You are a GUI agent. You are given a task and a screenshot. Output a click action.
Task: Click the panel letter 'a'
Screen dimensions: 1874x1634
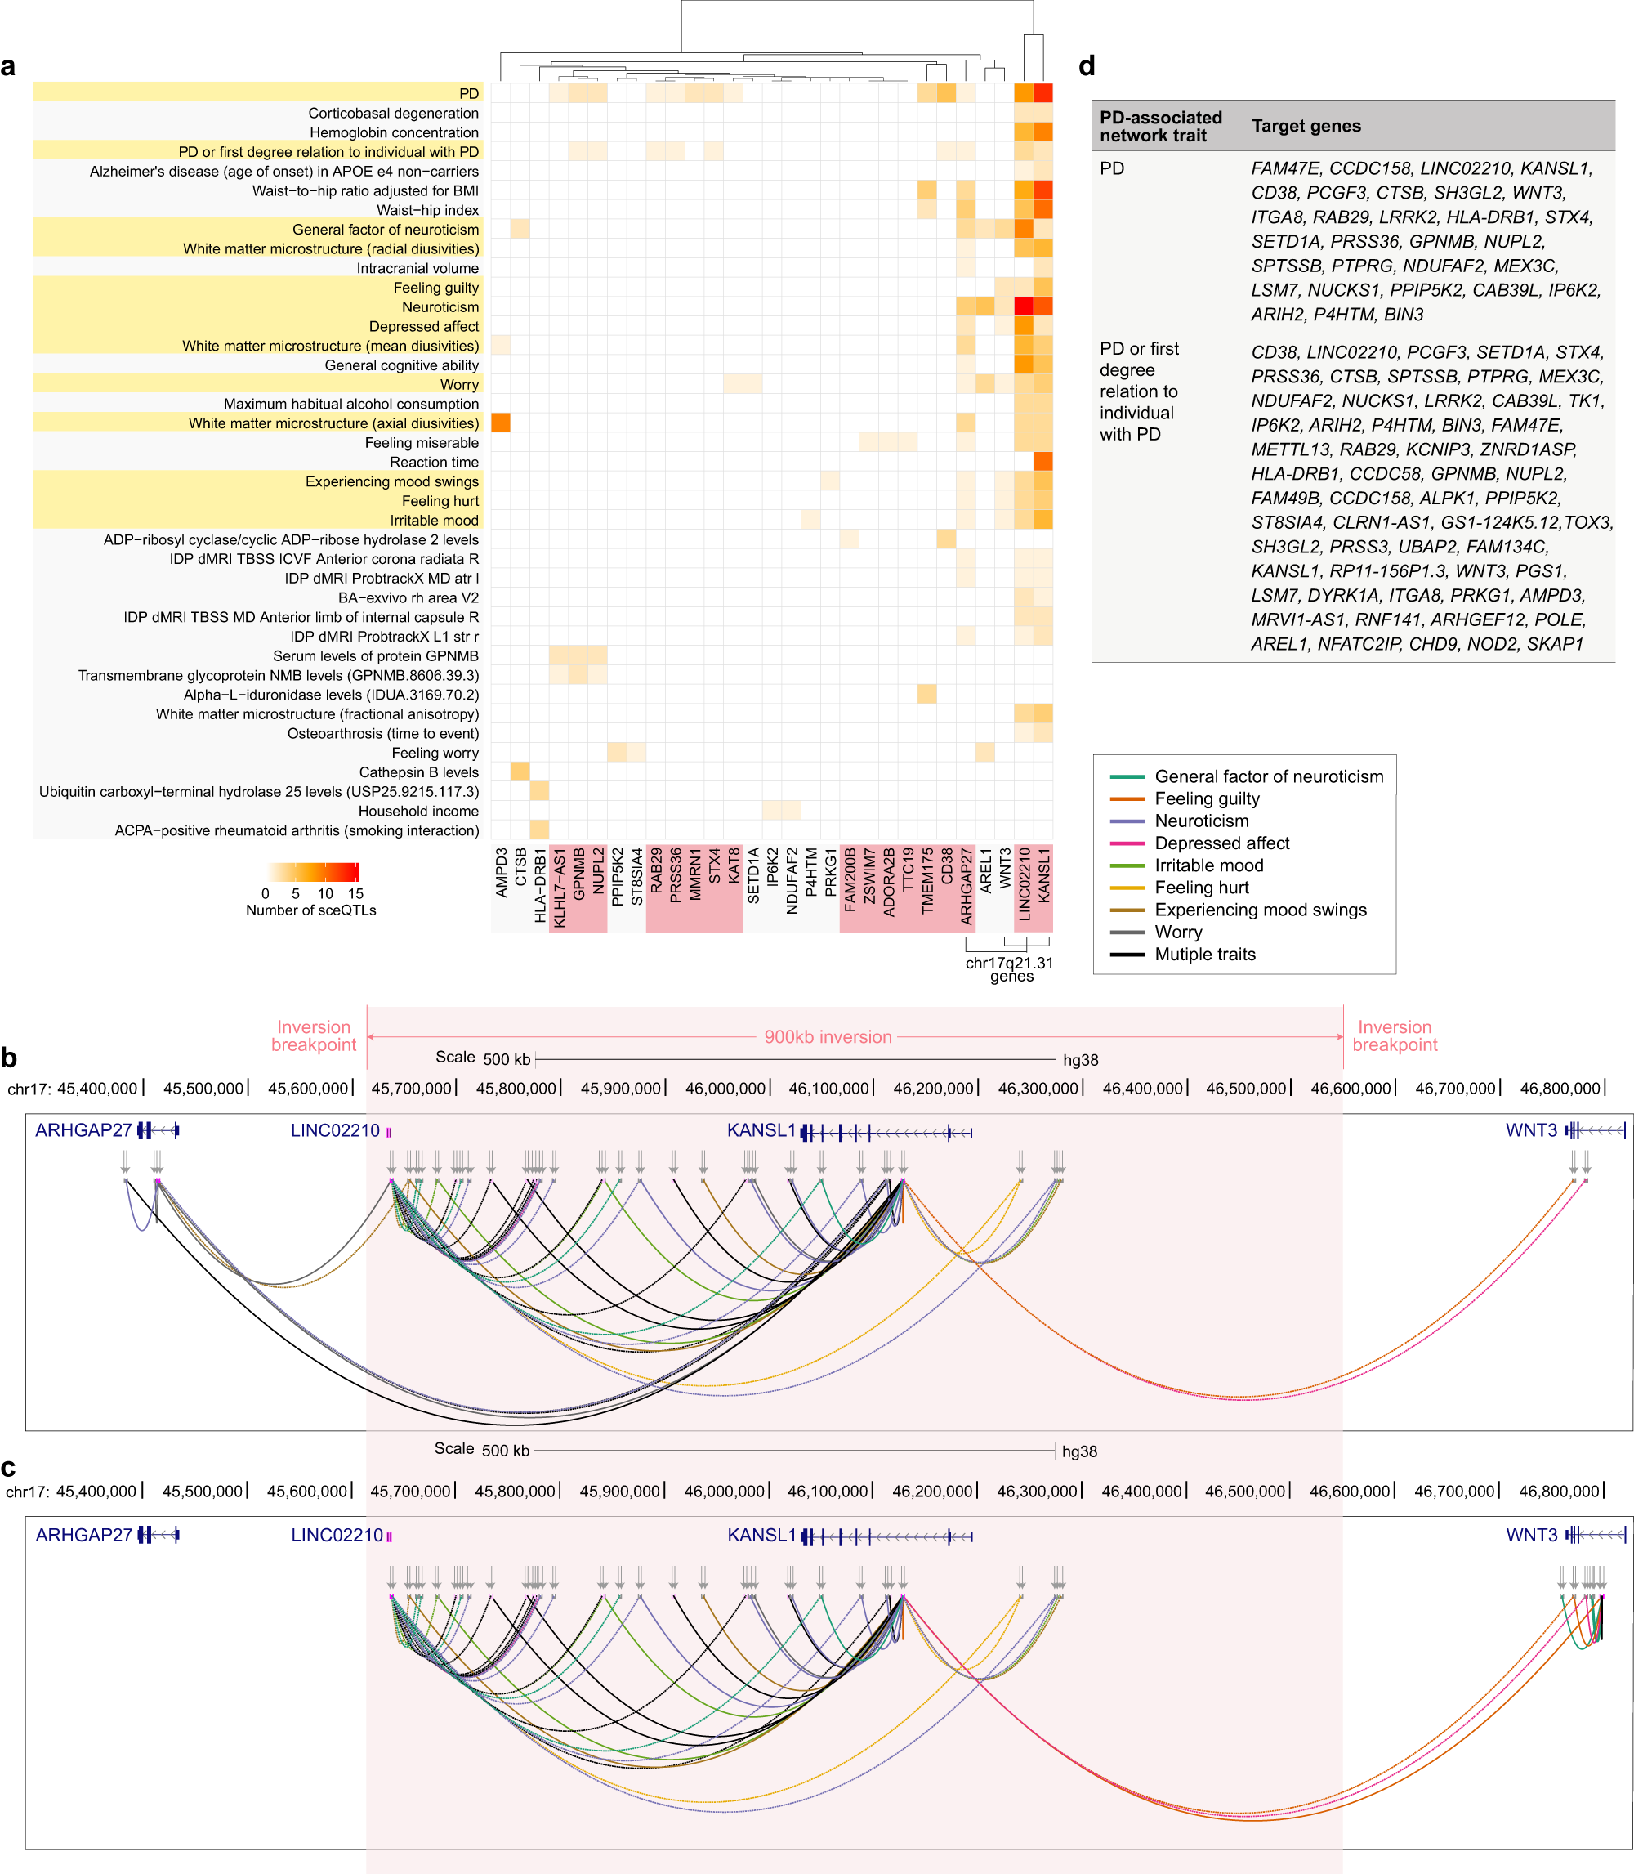tap(8, 66)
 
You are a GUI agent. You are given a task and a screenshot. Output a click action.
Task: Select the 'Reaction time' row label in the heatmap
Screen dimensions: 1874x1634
tap(434, 463)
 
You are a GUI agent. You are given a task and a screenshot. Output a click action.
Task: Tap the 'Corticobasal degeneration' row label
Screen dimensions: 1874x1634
tap(393, 113)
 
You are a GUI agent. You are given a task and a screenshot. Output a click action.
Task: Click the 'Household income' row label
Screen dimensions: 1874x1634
tap(417, 811)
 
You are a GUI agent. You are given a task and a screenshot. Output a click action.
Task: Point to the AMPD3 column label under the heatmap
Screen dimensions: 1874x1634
tap(502, 873)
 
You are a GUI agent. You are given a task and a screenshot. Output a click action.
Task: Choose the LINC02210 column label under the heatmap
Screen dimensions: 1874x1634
tap(1024, 883)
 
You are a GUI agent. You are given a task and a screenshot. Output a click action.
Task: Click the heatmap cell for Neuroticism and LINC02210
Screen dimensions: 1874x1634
tap(1024, 306)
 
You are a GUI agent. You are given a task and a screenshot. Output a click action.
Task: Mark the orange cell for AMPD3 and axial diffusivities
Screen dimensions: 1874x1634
tap(501, 423)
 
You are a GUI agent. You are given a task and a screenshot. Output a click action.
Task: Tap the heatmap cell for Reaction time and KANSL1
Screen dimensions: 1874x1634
tap(1043, 463)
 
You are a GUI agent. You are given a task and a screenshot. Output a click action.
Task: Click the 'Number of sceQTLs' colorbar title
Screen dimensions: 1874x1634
tap(311, 910)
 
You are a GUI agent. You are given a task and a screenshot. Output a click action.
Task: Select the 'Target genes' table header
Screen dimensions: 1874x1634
tap(1306, 126)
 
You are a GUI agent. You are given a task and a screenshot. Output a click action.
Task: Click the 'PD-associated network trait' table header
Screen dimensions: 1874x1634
tap(1160, 126)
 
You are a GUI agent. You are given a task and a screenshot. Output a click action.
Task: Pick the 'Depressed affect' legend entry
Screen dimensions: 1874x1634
tap(1222, 843)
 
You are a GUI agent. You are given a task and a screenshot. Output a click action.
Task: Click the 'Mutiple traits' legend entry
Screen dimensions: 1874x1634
tap(1204, 954)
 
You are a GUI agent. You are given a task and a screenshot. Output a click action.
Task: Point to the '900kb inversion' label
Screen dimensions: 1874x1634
tap(828, 1037)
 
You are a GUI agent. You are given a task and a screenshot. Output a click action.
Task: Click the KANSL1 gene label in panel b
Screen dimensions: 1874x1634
tap(761, 1131)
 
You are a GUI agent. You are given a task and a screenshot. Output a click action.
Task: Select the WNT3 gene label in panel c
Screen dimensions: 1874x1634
tap(1531, 1535)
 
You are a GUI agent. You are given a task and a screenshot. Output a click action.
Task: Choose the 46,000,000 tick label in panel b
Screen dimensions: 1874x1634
tap(725, 1088)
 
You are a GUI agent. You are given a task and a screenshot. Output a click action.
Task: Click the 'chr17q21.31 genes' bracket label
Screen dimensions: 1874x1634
tap(1011, 969)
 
